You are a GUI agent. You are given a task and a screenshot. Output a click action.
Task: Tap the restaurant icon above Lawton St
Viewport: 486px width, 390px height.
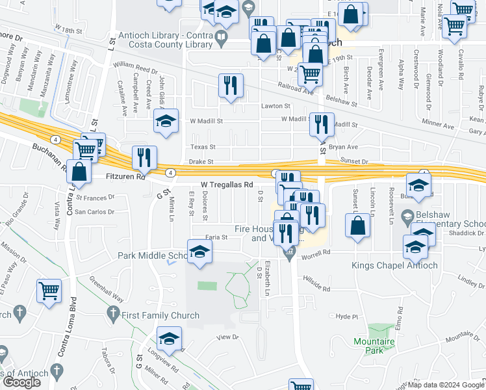tap(231, 86)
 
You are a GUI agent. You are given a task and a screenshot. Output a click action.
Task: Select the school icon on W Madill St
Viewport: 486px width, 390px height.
tap(166, 121)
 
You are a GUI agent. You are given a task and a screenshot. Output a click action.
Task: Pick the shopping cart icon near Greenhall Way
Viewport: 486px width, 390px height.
tap(49, 291)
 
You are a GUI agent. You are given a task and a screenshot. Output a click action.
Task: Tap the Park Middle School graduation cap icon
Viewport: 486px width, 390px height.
tap(199, 252)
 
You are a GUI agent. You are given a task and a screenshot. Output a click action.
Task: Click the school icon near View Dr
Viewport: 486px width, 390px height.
tap(169, 339)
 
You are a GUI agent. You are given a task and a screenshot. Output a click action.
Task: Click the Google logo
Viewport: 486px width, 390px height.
tap(21, 382)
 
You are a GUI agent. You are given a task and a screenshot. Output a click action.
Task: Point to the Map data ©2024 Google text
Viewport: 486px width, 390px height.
tap(446, 385)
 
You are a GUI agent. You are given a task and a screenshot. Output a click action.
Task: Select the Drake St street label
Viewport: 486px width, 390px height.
tap(201, 161)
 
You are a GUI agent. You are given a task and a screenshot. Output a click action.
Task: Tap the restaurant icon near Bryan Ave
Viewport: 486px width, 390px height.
tap(322, 124)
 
